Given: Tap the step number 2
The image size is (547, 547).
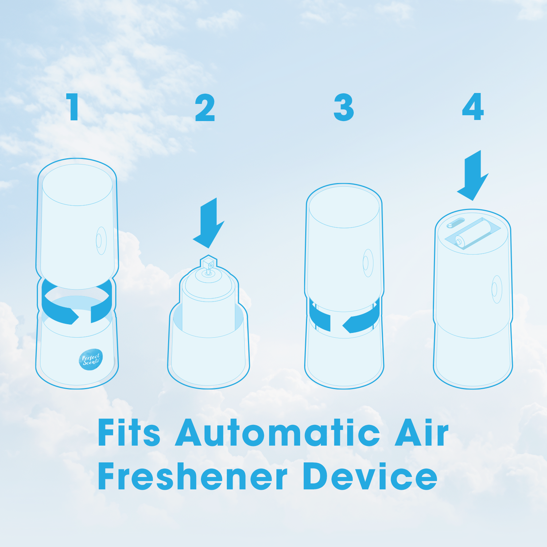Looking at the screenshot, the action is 205,107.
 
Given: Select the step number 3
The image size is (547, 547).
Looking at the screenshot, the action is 344,107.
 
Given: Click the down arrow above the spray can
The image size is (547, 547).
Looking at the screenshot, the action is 209,223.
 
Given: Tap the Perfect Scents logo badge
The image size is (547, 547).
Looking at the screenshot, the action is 91,360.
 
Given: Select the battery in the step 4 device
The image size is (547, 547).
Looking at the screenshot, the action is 473,234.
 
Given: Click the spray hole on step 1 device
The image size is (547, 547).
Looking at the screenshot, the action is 101,241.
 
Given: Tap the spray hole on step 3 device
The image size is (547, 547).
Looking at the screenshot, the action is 368,263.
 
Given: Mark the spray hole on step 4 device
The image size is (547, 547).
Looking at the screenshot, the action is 497,289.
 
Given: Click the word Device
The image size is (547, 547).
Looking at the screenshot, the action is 370,476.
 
